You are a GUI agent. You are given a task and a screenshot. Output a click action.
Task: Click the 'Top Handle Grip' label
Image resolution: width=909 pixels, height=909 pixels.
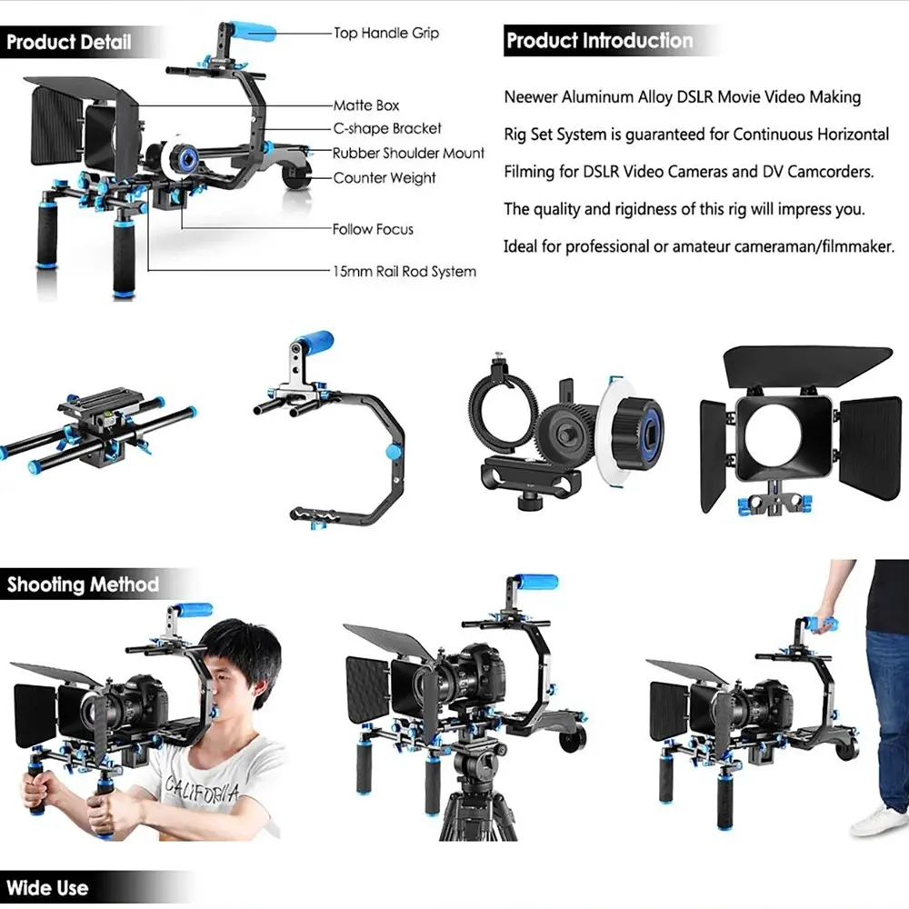(386, 34)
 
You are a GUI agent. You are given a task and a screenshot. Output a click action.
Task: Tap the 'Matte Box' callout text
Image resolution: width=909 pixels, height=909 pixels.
(366, 105)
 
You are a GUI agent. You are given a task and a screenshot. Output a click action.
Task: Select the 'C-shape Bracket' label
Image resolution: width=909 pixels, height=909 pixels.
(387, 129)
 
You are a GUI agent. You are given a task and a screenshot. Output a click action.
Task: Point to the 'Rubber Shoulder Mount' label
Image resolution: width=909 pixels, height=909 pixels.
(408, 153)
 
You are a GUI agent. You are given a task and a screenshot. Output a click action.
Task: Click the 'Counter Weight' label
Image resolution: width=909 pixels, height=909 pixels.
(385, 178)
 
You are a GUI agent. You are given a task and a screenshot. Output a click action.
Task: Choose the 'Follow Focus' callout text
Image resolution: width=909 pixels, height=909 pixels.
(373, 230)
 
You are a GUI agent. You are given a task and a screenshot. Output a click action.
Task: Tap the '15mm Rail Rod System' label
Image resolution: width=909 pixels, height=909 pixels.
(405, 271)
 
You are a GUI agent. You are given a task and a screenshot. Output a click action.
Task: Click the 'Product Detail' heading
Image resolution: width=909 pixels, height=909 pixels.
(68, 43)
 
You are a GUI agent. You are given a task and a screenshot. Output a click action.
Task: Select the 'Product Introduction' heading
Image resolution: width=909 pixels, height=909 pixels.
(599, 41)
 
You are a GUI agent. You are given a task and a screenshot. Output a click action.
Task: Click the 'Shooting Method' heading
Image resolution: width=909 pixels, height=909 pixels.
(83, 584)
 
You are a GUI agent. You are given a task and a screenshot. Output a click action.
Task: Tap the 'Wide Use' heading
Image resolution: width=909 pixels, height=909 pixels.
(47, 888)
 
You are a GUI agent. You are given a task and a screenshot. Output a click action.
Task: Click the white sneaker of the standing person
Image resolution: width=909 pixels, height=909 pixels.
(879, 821)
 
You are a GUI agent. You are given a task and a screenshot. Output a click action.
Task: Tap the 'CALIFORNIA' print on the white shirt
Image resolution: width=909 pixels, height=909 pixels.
(202, 790)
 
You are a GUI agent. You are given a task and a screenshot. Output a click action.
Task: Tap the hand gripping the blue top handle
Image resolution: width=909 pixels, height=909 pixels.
(824, 624)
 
